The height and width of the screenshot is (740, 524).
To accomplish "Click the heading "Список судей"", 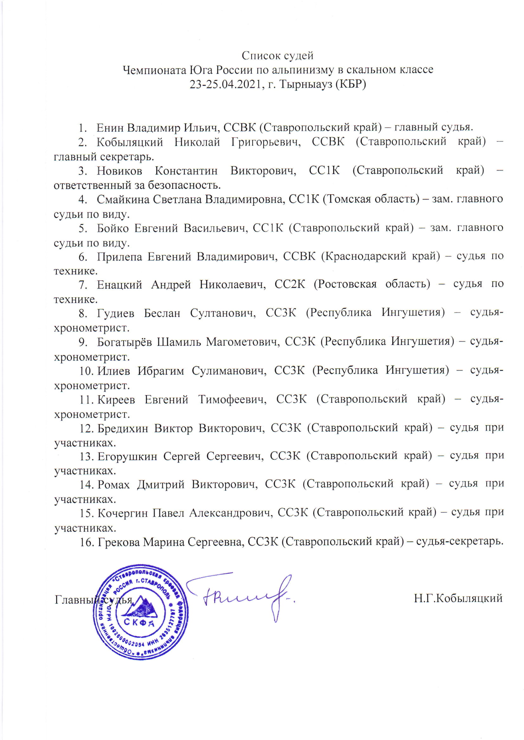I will (x=278, y=56).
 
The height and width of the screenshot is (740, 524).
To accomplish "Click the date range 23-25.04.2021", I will (x=225, y=84).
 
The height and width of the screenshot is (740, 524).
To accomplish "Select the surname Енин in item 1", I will (x=110, y=127).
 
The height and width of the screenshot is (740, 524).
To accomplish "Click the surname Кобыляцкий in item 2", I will (x=130, y=142).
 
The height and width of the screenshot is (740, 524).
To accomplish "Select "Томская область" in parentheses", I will (x=371, y=199).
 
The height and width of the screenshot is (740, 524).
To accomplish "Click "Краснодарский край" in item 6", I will (x=380, y=256).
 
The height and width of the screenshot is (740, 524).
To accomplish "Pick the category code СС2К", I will (x=290, y=284).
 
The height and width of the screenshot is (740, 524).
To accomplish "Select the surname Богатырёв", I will (x=124, y=342).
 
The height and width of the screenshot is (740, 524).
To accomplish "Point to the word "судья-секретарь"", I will (x=460, y=541).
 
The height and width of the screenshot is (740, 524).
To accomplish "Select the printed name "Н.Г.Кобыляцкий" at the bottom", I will (x=458, y=598).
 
